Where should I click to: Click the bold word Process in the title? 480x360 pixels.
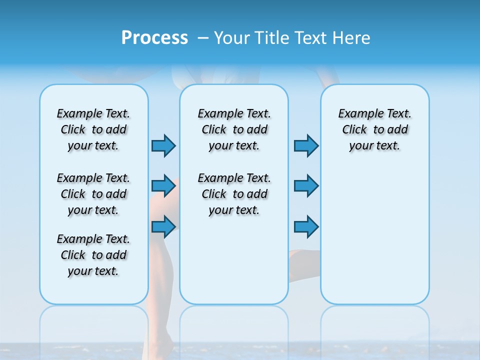(x=154, y=38)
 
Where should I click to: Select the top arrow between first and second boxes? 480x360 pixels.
(x=163, y=145)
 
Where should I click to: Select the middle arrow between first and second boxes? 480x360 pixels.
(x=163, y=186)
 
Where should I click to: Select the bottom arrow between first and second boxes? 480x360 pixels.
(x=163, y=226)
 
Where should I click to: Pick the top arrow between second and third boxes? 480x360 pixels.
(x=306, y=145)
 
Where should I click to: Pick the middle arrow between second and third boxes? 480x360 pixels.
(x=306, y=186)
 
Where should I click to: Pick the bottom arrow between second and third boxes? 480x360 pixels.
(x=306, y=226)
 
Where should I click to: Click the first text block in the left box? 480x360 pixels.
(x=93, y=129)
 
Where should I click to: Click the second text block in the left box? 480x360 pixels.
(x=93, y=194)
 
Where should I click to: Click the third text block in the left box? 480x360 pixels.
(x=93, y=255)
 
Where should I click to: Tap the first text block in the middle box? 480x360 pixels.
(x=234, y=129)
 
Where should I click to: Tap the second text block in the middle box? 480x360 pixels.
(x=234, y=194)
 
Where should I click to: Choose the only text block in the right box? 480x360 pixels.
(x=374, y=129)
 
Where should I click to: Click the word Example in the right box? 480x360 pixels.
(x=356, y=114)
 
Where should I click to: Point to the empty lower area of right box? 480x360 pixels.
(x=374, y=240)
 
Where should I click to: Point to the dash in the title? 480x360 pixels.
(x=202, y=38)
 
